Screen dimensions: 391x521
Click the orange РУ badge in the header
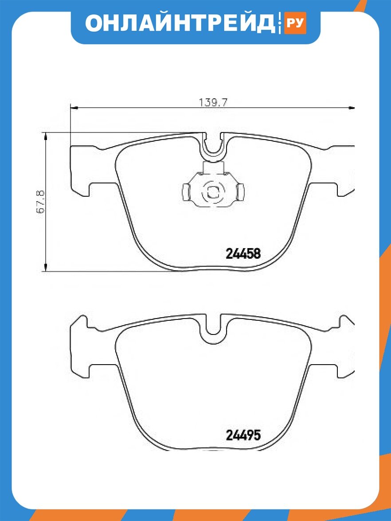pos(294,23)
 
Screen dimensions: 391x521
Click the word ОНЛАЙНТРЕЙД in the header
pos(180,23)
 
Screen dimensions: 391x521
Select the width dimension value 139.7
pos(213,102)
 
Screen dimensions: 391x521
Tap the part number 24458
pos(243,254)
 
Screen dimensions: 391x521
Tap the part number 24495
pos(243,435)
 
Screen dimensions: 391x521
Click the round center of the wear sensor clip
pos(212,192)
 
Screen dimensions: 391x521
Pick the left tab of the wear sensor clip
pos(186,192)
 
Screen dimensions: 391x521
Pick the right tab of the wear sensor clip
pos(240,192)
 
